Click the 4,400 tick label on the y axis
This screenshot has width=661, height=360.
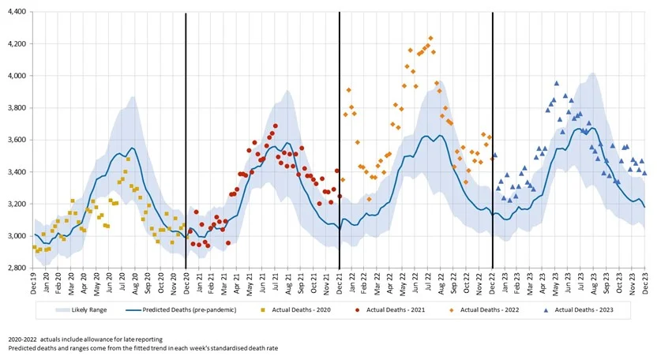[15, 12]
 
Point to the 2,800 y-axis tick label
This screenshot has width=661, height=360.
[15, 268]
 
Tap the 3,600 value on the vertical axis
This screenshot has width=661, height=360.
[15, 141]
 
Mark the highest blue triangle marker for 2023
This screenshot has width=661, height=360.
[557, 83]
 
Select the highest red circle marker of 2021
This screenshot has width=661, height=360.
[276, 126]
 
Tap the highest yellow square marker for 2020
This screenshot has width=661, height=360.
[127, 159]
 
